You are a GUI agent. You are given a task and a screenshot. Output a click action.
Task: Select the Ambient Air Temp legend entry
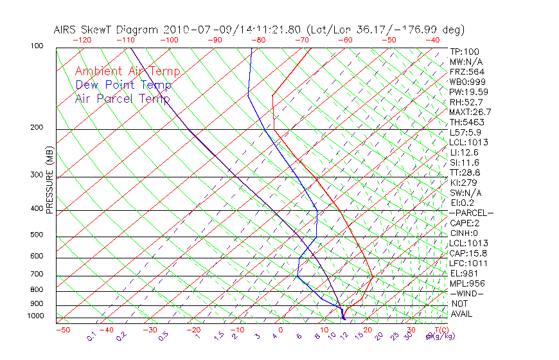pos(127,72)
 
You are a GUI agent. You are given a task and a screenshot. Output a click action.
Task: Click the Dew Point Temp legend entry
pos(123,85)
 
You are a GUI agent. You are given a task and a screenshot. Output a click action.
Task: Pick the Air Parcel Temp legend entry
pos(122,99)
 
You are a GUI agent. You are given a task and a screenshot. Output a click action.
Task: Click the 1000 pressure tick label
pos(36,316)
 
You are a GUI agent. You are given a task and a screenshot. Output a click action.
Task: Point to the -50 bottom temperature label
pos(62,330)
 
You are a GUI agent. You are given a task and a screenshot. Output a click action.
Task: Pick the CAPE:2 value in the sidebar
pos(465,223)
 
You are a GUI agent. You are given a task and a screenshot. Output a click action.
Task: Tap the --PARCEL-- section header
pos(471,213)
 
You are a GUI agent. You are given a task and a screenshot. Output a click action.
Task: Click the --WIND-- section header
pos(466,294)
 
